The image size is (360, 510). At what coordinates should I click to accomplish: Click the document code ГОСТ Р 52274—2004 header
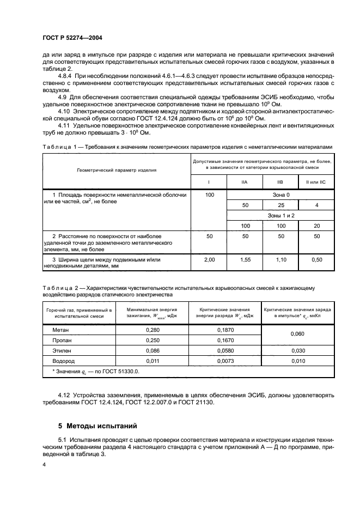click(72, 38)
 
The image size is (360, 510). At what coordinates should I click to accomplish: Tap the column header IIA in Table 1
click(245, 181)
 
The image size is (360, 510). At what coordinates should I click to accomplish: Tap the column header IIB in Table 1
click(280, 181)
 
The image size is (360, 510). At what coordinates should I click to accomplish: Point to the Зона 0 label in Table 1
click(280, 195)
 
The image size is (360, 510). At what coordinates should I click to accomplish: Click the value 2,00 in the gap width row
click(209, 260)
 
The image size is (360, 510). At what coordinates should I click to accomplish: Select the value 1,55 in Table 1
click(245, 260)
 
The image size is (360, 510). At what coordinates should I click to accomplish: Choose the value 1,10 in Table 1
click(280, 260)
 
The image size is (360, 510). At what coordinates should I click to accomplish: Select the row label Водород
click(64, 361)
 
